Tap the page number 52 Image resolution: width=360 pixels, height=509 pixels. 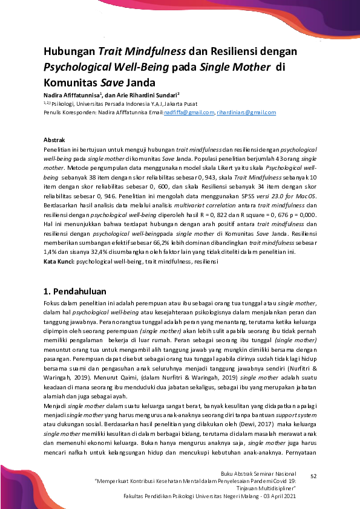[x=313, y=477]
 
